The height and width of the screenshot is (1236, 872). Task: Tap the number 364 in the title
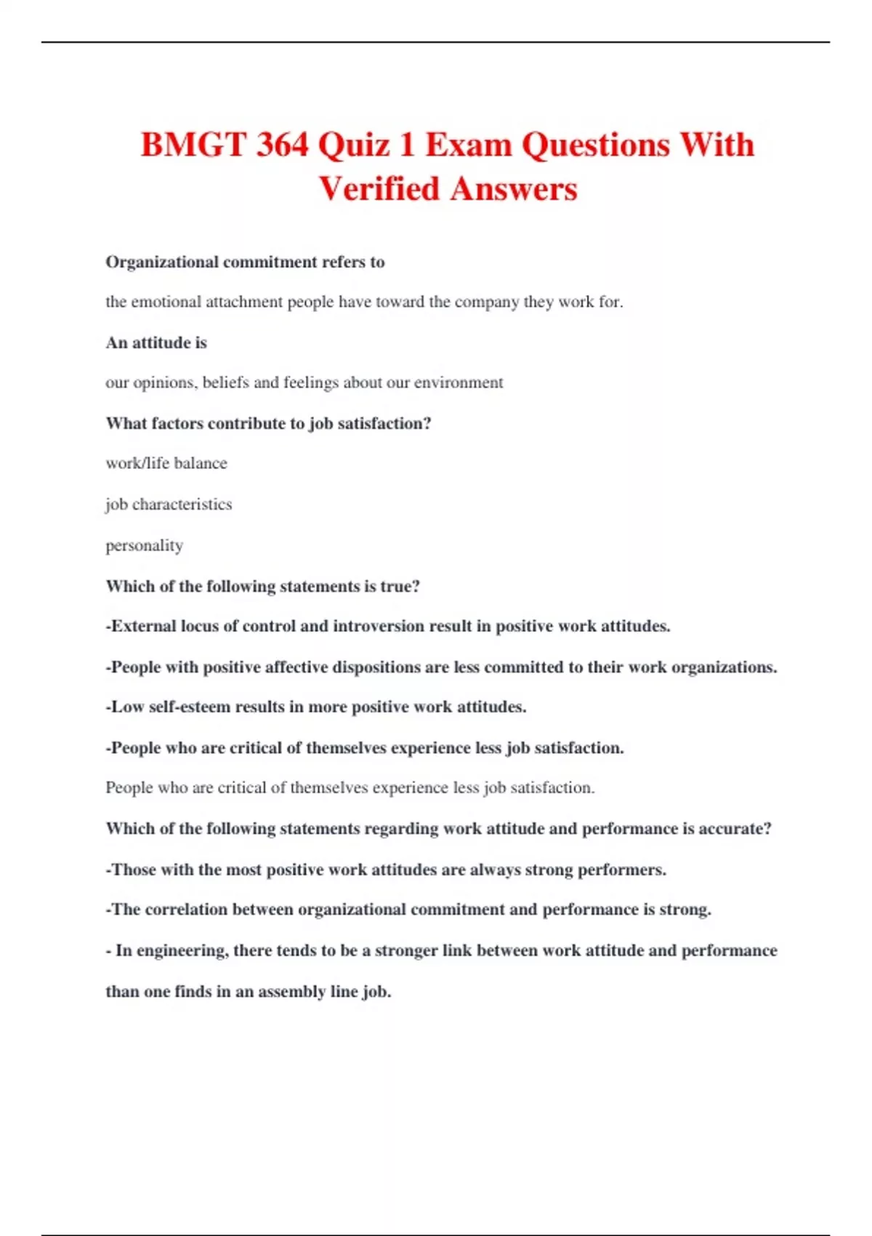[282, 145]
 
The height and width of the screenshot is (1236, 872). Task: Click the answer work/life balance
[166, 463]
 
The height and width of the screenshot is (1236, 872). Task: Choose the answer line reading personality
[144, 545]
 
